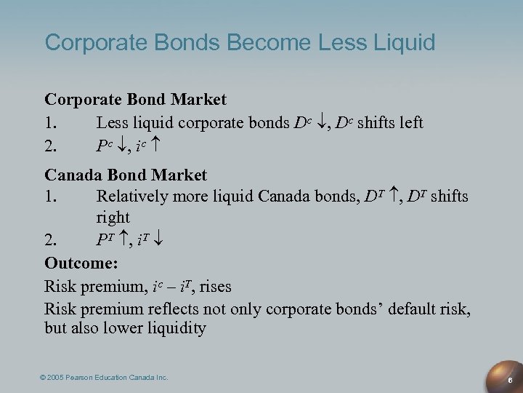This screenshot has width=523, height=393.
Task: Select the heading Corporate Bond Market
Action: coord(136,98)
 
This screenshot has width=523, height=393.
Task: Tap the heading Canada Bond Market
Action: coord(126,175)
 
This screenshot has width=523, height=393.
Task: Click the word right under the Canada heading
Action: coord(113,218)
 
